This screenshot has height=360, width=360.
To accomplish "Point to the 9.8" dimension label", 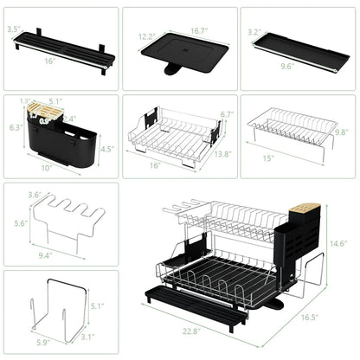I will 342,132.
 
